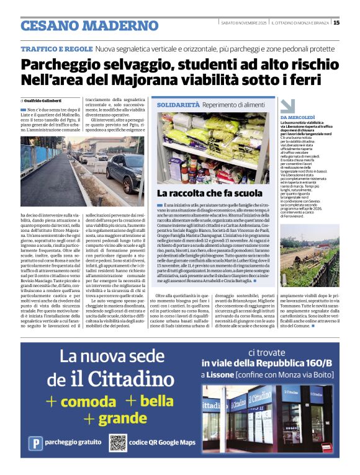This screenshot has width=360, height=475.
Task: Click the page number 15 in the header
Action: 336,23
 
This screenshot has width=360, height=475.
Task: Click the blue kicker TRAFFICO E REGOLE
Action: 56,48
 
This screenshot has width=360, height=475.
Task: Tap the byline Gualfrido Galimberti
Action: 43,100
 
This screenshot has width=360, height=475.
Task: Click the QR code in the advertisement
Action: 118,442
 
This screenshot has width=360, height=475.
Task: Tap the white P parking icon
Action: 37,443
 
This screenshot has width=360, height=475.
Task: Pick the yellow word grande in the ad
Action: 122,419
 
